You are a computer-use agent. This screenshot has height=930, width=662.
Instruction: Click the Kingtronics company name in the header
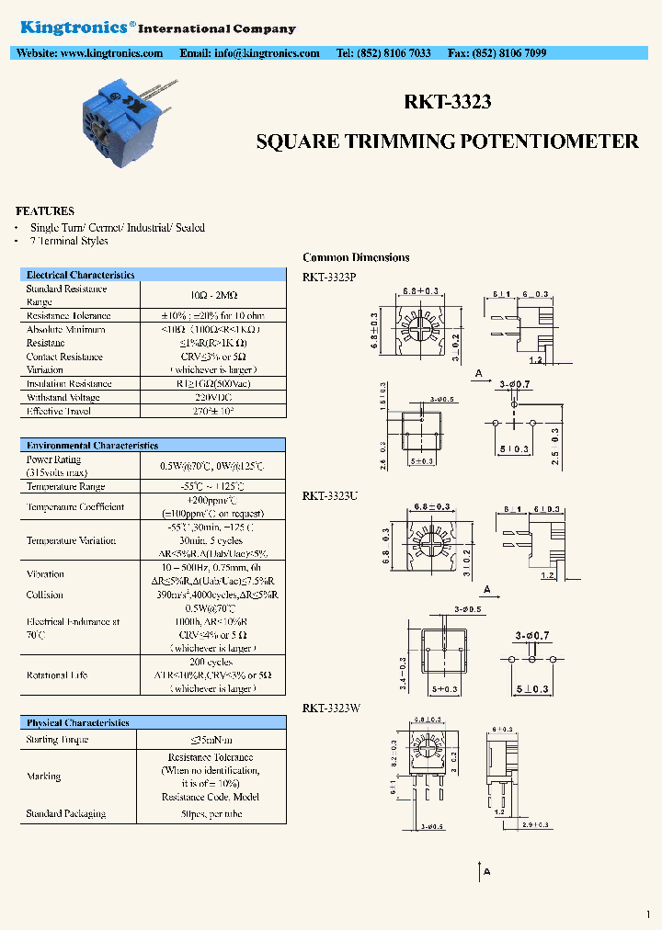74,28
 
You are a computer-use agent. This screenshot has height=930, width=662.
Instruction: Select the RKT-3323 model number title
447,102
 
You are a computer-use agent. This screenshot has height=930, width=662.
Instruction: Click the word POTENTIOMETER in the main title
562,142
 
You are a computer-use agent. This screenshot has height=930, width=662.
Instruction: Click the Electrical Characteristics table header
80,275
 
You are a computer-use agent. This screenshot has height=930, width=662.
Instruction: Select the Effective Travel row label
59,411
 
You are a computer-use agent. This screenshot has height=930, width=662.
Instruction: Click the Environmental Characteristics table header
92,445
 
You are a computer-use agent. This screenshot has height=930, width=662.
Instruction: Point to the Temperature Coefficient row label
75,506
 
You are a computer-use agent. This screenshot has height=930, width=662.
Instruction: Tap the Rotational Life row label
57,675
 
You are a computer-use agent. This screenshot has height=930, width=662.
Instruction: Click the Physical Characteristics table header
77,723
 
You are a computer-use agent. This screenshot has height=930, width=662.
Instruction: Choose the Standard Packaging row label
65,813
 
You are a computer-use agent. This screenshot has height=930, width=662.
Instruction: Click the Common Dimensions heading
356,257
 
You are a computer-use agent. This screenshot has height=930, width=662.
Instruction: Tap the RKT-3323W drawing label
332,708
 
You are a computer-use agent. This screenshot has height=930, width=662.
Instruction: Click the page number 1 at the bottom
648,913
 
